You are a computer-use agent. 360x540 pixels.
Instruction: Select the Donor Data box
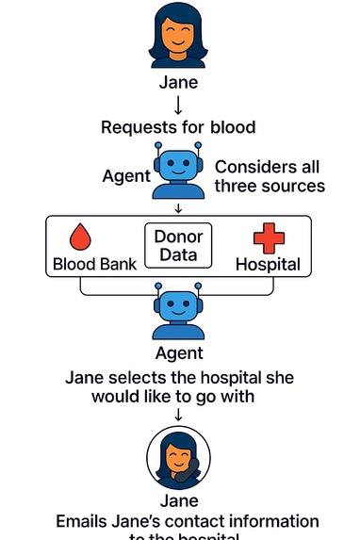[178, 245]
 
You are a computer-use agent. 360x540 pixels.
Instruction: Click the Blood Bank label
[94, 265]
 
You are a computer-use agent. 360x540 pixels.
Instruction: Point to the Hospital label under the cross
[268, 265]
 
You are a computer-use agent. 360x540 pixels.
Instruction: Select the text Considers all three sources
[269, 176]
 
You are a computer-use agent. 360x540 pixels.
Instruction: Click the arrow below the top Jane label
[179, 105]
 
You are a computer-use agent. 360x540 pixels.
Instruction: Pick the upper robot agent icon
[179, 170]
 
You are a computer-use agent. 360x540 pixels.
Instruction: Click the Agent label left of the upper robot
[126, 176]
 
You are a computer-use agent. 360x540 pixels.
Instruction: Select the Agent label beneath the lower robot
[179, 353]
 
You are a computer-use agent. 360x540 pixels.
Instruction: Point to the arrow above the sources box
[179, 207]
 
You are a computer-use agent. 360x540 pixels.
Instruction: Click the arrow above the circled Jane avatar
[179, 416]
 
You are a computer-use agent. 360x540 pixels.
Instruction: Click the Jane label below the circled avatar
[179, 501]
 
